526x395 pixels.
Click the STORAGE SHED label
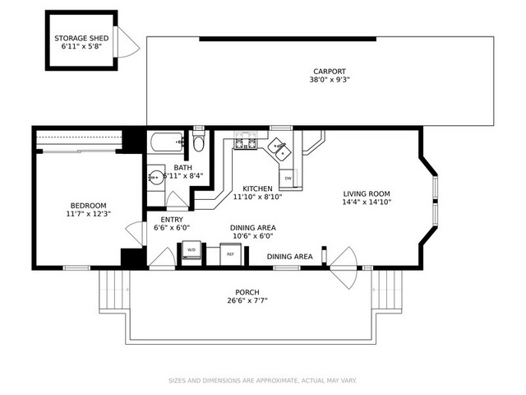click(x=81, y=39)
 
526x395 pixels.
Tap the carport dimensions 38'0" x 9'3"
click(x=330, y=80)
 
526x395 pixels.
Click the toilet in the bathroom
click(x=199, y=141)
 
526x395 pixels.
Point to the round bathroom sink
click(x=156, y=177)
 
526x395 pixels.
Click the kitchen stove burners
click(x=246, y=141)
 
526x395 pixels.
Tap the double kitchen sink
click(x=279, y=149)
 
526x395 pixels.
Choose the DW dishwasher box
click(x=288, y=178)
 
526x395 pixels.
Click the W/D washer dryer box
click(x=191, y=250)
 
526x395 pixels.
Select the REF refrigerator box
click(x=230, y=254)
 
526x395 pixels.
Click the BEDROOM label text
click(x=88, y=206)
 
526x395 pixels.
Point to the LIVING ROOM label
click(x=367, y=194)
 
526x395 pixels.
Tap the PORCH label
click(x=247, y=292)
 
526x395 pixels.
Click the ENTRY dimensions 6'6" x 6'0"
click(x=172, y=228)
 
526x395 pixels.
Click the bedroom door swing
click(x=136, y=233)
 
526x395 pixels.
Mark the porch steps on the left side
click(x=114, y=290)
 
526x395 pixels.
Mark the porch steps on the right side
click(x=387, y=290)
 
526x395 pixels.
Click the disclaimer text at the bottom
click(x=262, y=380)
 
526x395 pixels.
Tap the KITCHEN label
click(x=257, y=188)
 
